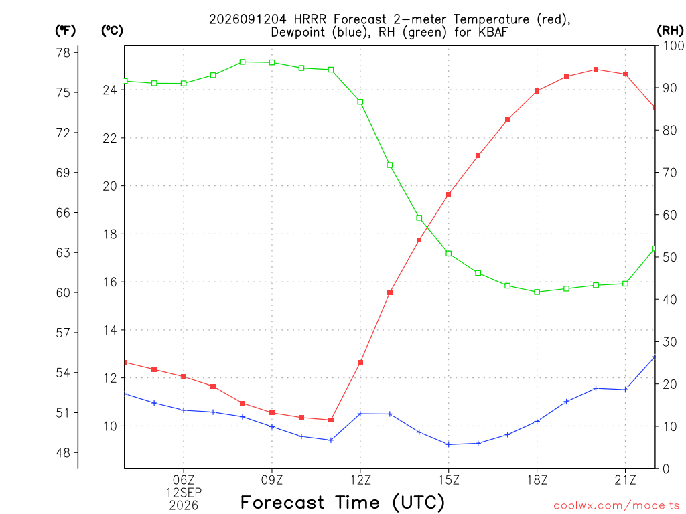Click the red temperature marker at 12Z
tap(360, 362)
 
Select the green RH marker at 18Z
tap(537, 292)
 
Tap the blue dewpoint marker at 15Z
tap(448, 444)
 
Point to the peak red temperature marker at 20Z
tap(596, 70)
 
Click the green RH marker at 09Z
tap(272, 62)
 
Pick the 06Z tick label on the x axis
tap(184, 480)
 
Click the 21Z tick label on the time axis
tap(625, 480)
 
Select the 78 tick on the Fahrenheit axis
tap(63, 53)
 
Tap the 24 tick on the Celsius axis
tap(110, 90)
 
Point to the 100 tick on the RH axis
tap(673, 46)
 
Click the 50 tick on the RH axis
tap(669, 257)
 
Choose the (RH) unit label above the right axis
tap(670, 30)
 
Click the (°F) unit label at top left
tap(65, 31)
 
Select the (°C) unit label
tap(112, 31)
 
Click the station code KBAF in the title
tap(493, 32)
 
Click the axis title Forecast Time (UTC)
tap(342, 502)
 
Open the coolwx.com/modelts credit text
tap(617, 506)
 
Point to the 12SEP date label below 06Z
tap(184, 493)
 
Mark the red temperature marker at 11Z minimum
tap(331, 420)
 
